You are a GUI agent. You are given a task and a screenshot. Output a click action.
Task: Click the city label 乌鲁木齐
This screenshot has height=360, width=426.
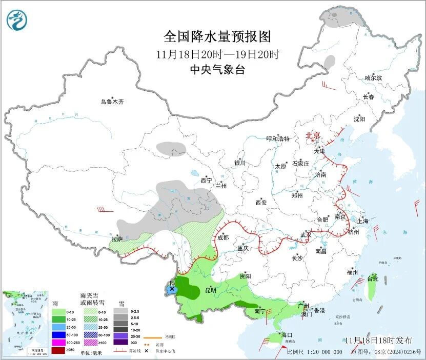[112, 102]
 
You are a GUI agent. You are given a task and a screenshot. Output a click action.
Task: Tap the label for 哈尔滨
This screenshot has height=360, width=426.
[373, 78]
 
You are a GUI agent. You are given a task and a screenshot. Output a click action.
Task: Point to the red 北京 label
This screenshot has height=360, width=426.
[313, 135]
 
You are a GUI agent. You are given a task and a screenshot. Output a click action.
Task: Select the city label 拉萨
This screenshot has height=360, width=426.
[117, 239]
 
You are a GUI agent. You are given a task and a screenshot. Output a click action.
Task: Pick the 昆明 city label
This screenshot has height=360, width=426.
[211, 290]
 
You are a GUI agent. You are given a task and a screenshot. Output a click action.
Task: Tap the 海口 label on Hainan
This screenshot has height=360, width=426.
[286, 335]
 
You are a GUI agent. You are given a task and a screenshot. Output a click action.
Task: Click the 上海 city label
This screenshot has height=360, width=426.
[363, 222]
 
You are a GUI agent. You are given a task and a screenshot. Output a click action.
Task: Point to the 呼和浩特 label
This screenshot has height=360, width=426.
[278, 139]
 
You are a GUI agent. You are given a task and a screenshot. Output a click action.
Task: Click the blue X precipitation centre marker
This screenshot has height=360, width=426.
[172, 290]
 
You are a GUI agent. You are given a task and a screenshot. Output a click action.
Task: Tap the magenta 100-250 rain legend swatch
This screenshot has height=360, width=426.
[58, 342]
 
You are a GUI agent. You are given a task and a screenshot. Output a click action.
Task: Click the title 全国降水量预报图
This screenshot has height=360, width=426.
[217, 37]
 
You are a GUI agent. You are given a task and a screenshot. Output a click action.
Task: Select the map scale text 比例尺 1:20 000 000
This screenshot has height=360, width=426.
[314, 352]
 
